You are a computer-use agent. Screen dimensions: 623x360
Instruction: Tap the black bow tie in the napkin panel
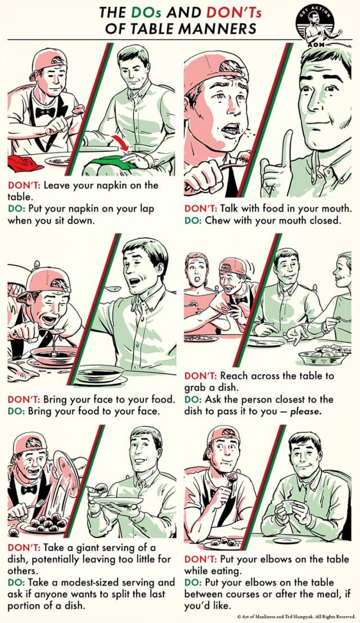coord(44,112)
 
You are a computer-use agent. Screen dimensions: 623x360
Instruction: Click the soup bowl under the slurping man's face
coord(53,356)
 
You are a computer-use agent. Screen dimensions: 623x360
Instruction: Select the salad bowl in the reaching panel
coord(318,356)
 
